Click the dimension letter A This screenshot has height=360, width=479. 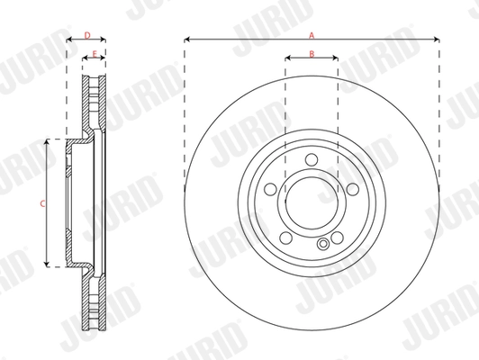311,34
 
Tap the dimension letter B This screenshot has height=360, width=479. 311,54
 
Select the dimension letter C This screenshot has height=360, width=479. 42,204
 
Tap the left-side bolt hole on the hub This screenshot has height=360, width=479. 269,192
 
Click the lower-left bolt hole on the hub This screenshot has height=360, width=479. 285,239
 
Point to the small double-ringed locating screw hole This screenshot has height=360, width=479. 322,245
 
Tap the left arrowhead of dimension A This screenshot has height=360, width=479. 186,40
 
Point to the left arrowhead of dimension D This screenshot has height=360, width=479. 70,40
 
